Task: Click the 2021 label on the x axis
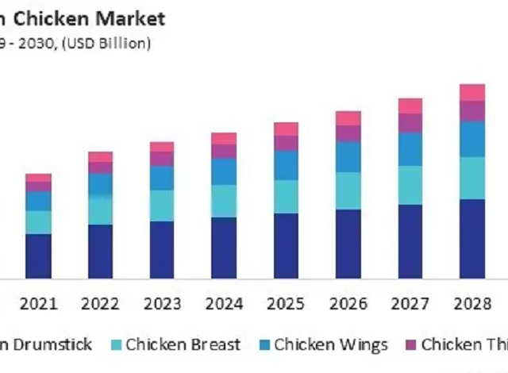[38, 303]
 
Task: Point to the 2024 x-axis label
[224, 303]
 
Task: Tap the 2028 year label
[471, 303]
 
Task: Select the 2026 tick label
[348, 303]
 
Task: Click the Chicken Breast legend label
[183, 344]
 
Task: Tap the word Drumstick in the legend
[52, 344]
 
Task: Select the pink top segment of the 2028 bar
[472, 92]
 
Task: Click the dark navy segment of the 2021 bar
[38, 256]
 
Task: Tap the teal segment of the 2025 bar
[286, 196]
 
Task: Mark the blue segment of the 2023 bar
[162, 178]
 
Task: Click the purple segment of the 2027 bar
[410, 123]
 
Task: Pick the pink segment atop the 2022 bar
[100, 156]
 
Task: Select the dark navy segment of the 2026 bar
[348, 244]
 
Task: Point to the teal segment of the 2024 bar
[224, 201]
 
